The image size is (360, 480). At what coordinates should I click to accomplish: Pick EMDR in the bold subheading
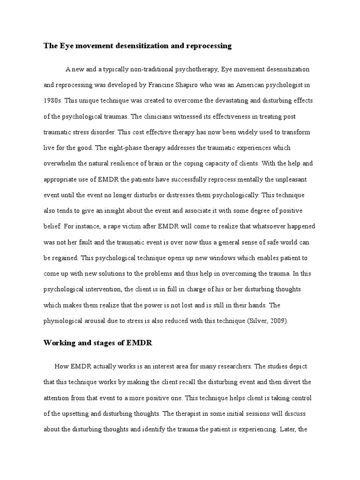pyautogui.click(x=140, y=343)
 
